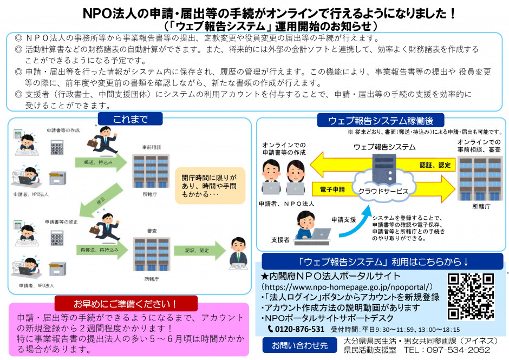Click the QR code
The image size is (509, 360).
(471, 297)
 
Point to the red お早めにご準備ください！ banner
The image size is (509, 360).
(126, 303)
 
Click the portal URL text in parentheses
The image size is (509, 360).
(347, 286)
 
